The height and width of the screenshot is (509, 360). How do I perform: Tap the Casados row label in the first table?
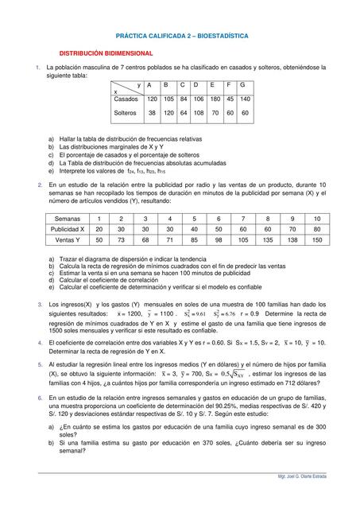coord(126,99)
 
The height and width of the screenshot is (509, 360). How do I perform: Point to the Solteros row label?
coord(127,113)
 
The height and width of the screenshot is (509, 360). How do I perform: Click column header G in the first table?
coord(242,84)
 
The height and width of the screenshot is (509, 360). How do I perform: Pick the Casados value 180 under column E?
coord(214,99)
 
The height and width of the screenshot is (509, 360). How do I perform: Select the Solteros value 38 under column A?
coord(151,113)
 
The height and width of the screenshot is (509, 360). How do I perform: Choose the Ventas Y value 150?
coord(316,239)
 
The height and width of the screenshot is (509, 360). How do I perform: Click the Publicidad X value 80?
coord(316,228)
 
